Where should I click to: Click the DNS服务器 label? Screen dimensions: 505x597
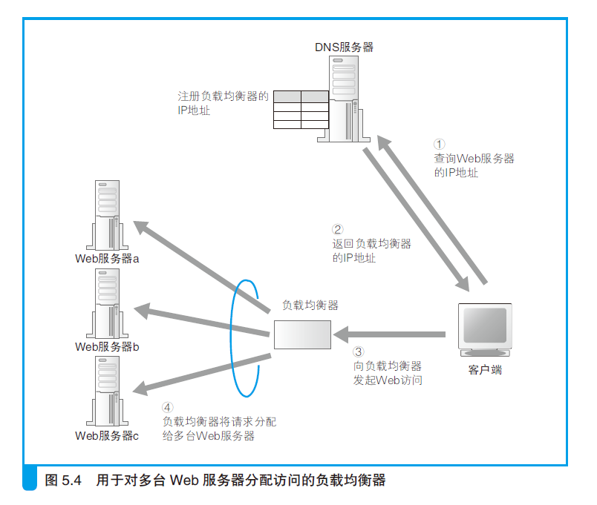pos(344,47)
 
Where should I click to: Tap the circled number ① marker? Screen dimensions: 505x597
pos(440,145)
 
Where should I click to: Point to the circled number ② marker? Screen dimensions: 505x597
pos(338,230)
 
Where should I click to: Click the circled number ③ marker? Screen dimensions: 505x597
pos(359,352)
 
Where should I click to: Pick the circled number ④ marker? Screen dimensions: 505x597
pos(168,408)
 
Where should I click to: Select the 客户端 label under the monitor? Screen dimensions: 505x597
pos(485,369)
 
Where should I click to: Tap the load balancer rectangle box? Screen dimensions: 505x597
pos(302,334)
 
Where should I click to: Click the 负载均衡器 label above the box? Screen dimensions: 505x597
pos(310,305)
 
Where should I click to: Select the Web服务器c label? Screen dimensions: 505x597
pos(107,435)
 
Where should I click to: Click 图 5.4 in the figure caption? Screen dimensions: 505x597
pos(63,480)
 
